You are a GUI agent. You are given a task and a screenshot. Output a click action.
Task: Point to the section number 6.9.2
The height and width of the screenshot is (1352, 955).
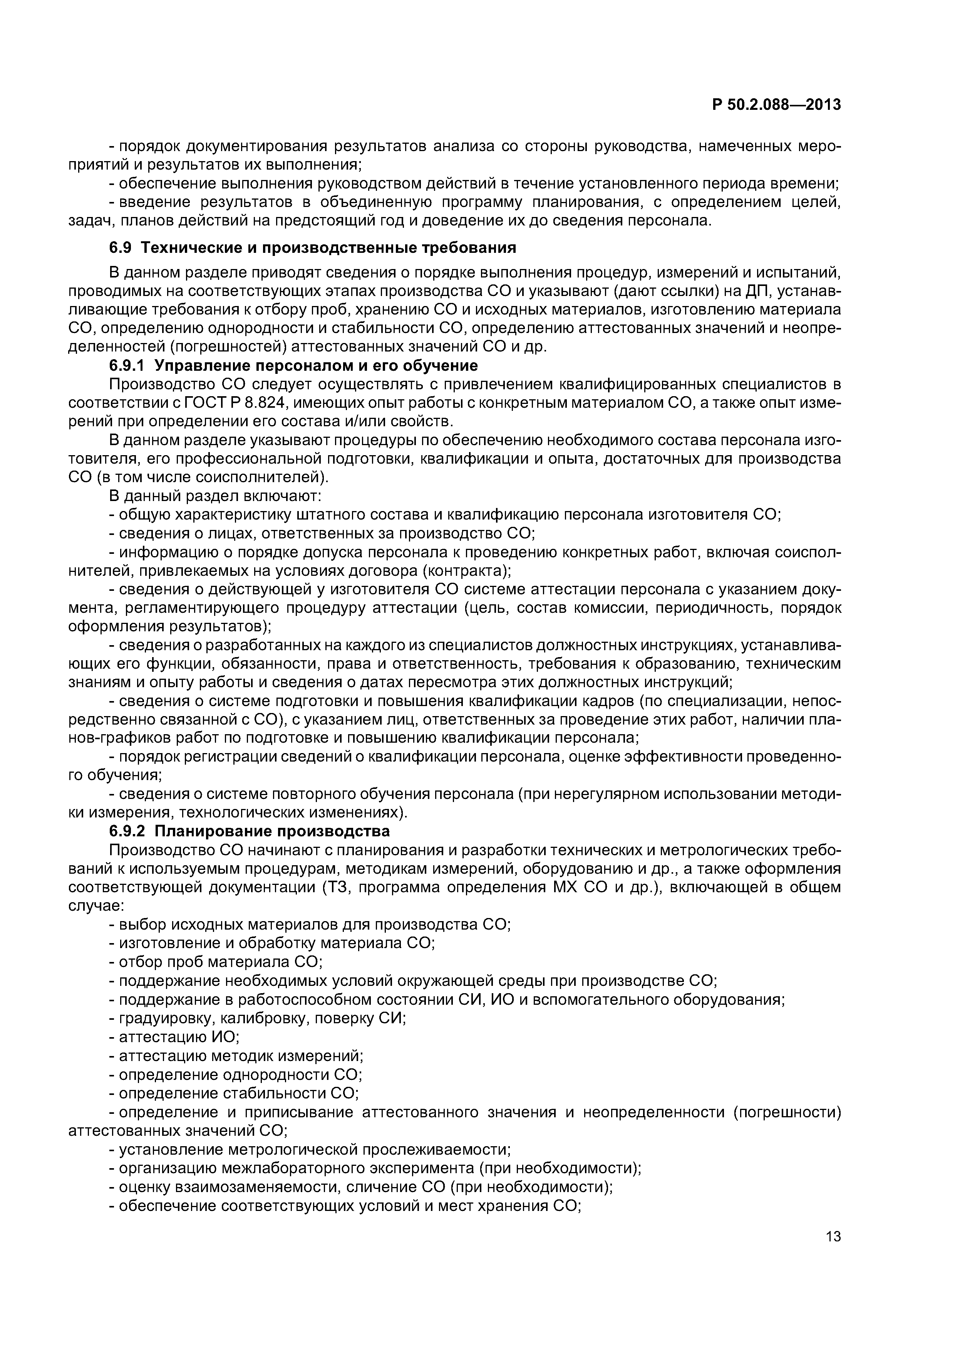pos(127,831)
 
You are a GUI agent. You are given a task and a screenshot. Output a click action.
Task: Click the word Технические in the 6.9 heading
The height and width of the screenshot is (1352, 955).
pos(189,248)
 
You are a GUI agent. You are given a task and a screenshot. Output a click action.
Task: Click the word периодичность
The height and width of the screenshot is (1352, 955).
pos(712,608)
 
